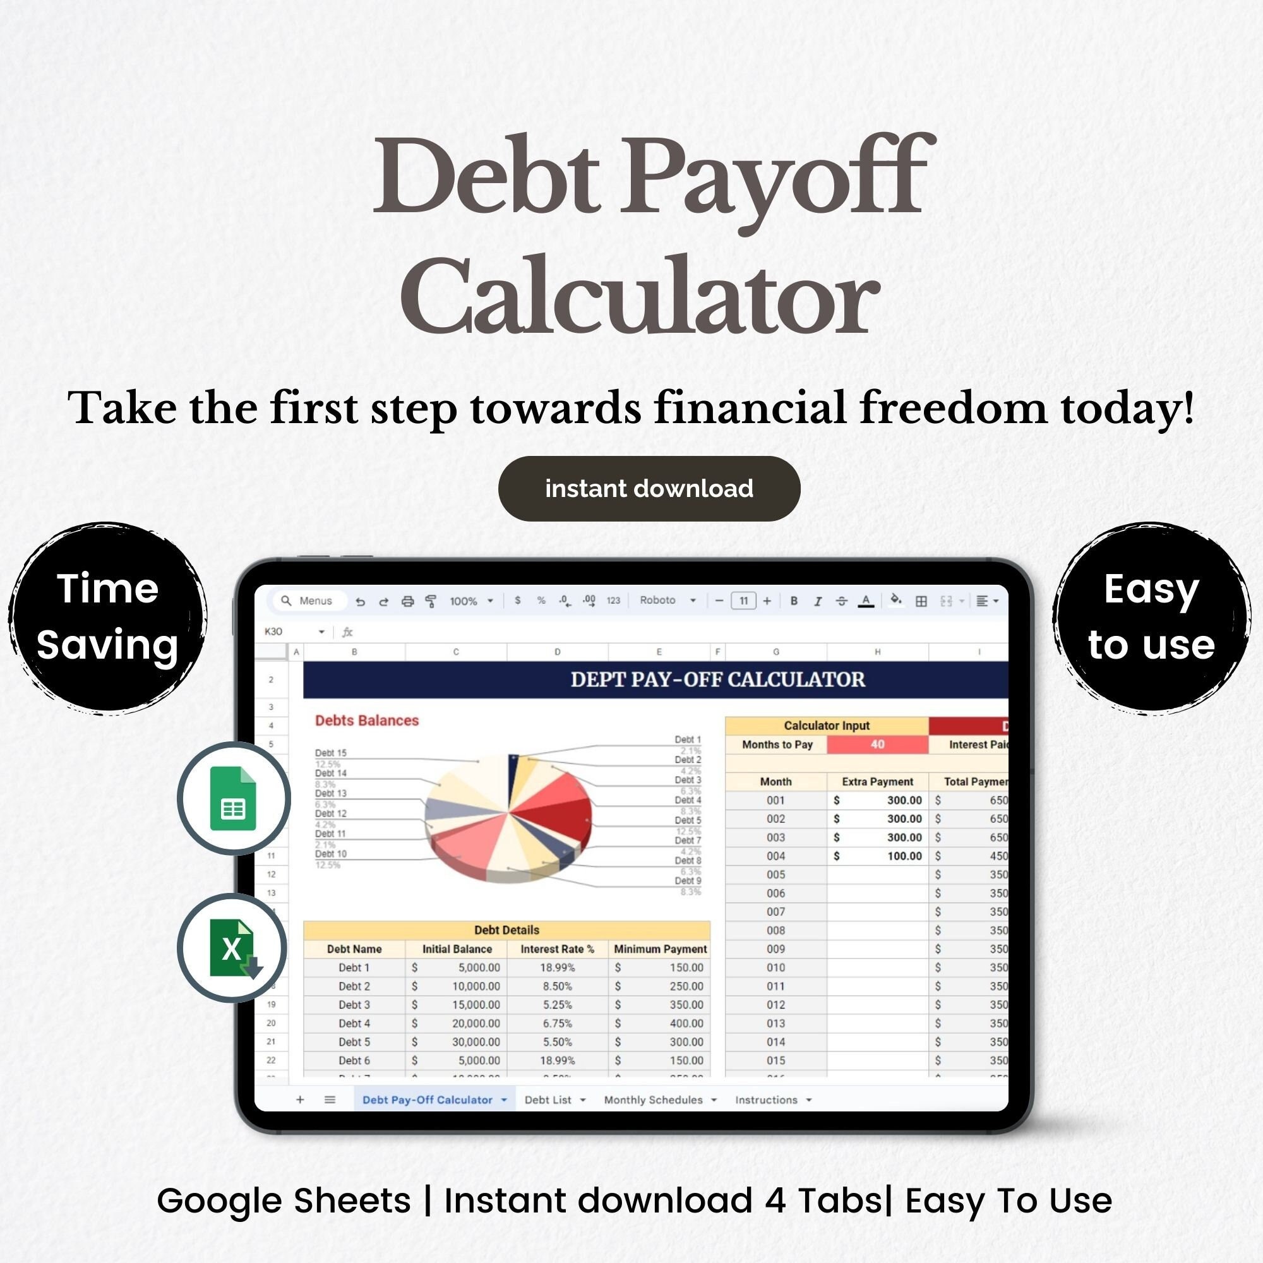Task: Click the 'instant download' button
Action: click(649, 488)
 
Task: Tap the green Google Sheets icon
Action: click(234, 798)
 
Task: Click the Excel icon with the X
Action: click(234, 948)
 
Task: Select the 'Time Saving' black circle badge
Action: click(107, 616)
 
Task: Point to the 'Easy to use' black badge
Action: click(1151, 616)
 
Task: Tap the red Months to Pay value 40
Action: click(877, 744)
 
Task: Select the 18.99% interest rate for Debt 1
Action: click(557, 967)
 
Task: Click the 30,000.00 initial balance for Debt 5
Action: click(476, 1042)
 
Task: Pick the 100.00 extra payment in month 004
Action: click(904, 856)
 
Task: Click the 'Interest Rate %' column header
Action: click(557, 949)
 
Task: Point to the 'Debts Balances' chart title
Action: click(367, 721)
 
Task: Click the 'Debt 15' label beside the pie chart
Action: click(331, 753)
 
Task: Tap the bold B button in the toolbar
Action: click(794, 601)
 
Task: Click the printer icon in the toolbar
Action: click(407, 601)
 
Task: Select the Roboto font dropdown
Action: click(667, 600)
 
